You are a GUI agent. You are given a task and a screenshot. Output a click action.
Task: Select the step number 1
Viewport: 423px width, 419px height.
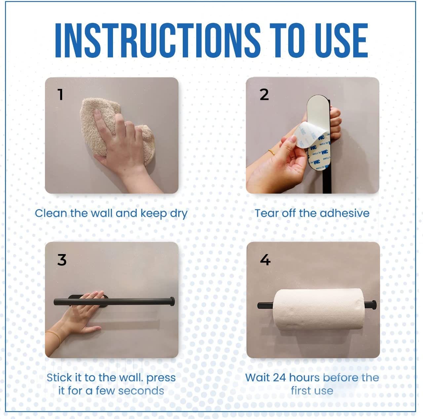coord(60,95)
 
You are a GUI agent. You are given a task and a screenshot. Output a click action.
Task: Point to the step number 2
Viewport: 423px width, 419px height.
coord(264,95)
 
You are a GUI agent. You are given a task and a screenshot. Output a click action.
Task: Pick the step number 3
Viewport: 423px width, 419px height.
coord(62,260)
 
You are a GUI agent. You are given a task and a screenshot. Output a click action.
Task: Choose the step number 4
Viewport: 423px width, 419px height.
coord(265,260)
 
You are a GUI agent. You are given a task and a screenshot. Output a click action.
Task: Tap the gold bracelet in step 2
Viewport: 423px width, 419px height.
coord(272,152)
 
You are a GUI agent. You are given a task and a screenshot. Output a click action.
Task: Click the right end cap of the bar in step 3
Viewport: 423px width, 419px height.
coord(172,301)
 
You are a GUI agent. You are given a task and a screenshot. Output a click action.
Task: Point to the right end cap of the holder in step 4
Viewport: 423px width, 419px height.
coord(373,305)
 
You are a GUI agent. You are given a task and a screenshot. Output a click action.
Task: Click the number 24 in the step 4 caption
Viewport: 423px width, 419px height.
coord(280,378)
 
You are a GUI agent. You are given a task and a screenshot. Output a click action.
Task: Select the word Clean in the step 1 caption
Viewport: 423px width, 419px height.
coord(51,213)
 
